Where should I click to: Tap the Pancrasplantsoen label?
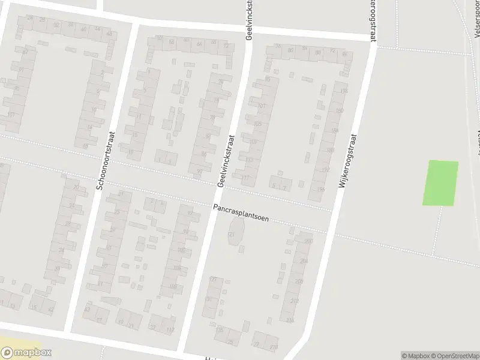240,213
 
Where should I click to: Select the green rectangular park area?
441,183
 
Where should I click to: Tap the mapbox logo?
26,353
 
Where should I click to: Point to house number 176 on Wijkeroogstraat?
343,91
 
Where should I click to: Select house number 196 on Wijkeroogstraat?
320,190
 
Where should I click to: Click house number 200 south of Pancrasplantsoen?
308,241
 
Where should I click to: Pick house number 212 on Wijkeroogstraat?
294,300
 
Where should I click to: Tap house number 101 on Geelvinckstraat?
261,106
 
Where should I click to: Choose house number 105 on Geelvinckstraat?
258,124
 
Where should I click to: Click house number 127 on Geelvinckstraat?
212,280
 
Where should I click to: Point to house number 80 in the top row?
290,50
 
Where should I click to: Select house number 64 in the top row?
199,43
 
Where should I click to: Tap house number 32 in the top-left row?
56,25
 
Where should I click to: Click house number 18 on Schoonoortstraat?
85,146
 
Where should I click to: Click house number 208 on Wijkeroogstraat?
299,281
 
